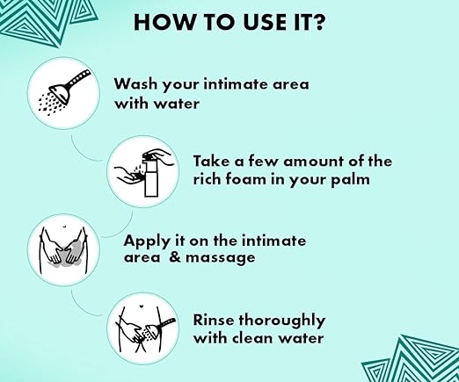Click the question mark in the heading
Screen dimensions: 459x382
pos(317,22)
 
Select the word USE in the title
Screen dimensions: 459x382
pos(260,22)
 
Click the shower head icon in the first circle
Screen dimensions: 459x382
pos(64,92)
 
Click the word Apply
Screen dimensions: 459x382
pos(147,241)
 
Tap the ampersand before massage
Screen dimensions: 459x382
pos(175,257)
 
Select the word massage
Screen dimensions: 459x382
pos(221,258)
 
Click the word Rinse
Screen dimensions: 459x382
pos(214,320)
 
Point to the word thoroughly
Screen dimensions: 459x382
pos(282,321)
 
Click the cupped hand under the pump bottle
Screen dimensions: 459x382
pos(128,174)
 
